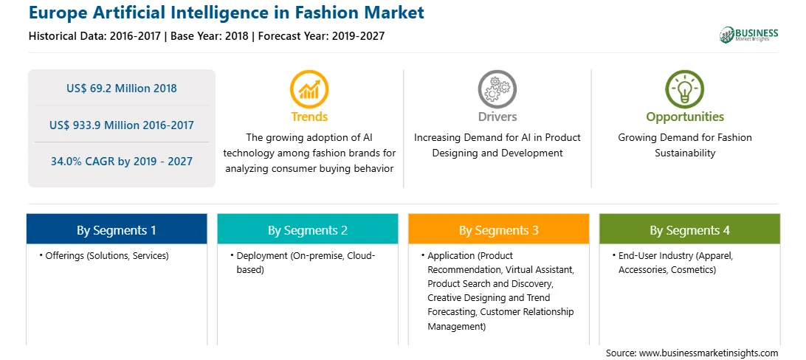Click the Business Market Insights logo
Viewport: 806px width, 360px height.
[x=749, y=35]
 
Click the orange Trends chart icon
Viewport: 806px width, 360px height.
[x=309, y=89]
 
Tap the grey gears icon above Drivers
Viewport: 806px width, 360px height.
[x=497, y=89]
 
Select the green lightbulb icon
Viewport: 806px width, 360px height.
[x=685, y=89]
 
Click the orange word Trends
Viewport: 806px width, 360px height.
[x=309, y=117]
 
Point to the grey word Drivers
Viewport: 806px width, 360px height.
[x=497, y=117]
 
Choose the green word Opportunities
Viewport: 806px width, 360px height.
[x=685, y=117]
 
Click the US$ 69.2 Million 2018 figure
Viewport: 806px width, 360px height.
[x=121, y=89]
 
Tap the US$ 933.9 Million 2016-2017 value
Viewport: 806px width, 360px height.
[x=122, y=125]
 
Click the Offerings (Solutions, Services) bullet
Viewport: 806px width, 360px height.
[x=104, y=256]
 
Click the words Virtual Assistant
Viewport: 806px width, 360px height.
[x=537, y=269]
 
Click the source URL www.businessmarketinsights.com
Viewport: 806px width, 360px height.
[x=709, y=353]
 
